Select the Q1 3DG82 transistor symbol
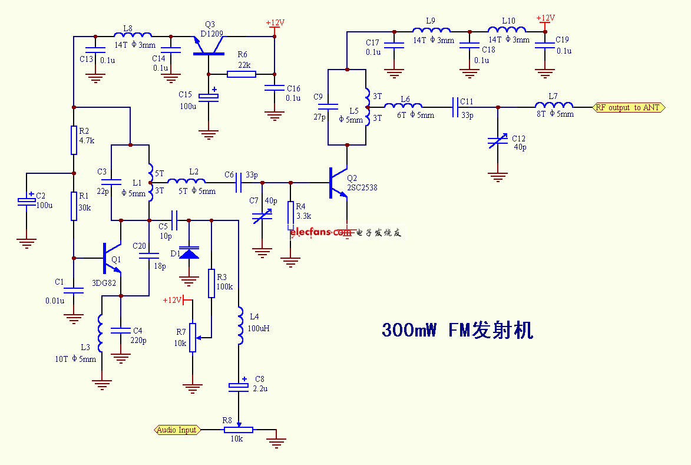(111, 258)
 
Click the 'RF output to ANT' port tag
(628, 107)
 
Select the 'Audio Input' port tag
(177, 430)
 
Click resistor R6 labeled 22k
(242, 74)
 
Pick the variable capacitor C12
(498, 141)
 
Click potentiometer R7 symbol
(193, 338)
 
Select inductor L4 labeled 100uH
(240, 326)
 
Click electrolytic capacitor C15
(207, 97)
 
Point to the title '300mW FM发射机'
(457, 330)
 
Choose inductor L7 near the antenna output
(549, 107)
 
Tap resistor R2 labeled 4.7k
(74, 140)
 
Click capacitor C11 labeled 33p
(456, 107)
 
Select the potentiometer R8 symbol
(238, 430)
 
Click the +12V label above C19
(545, 18)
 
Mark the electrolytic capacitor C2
(27, 200)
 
